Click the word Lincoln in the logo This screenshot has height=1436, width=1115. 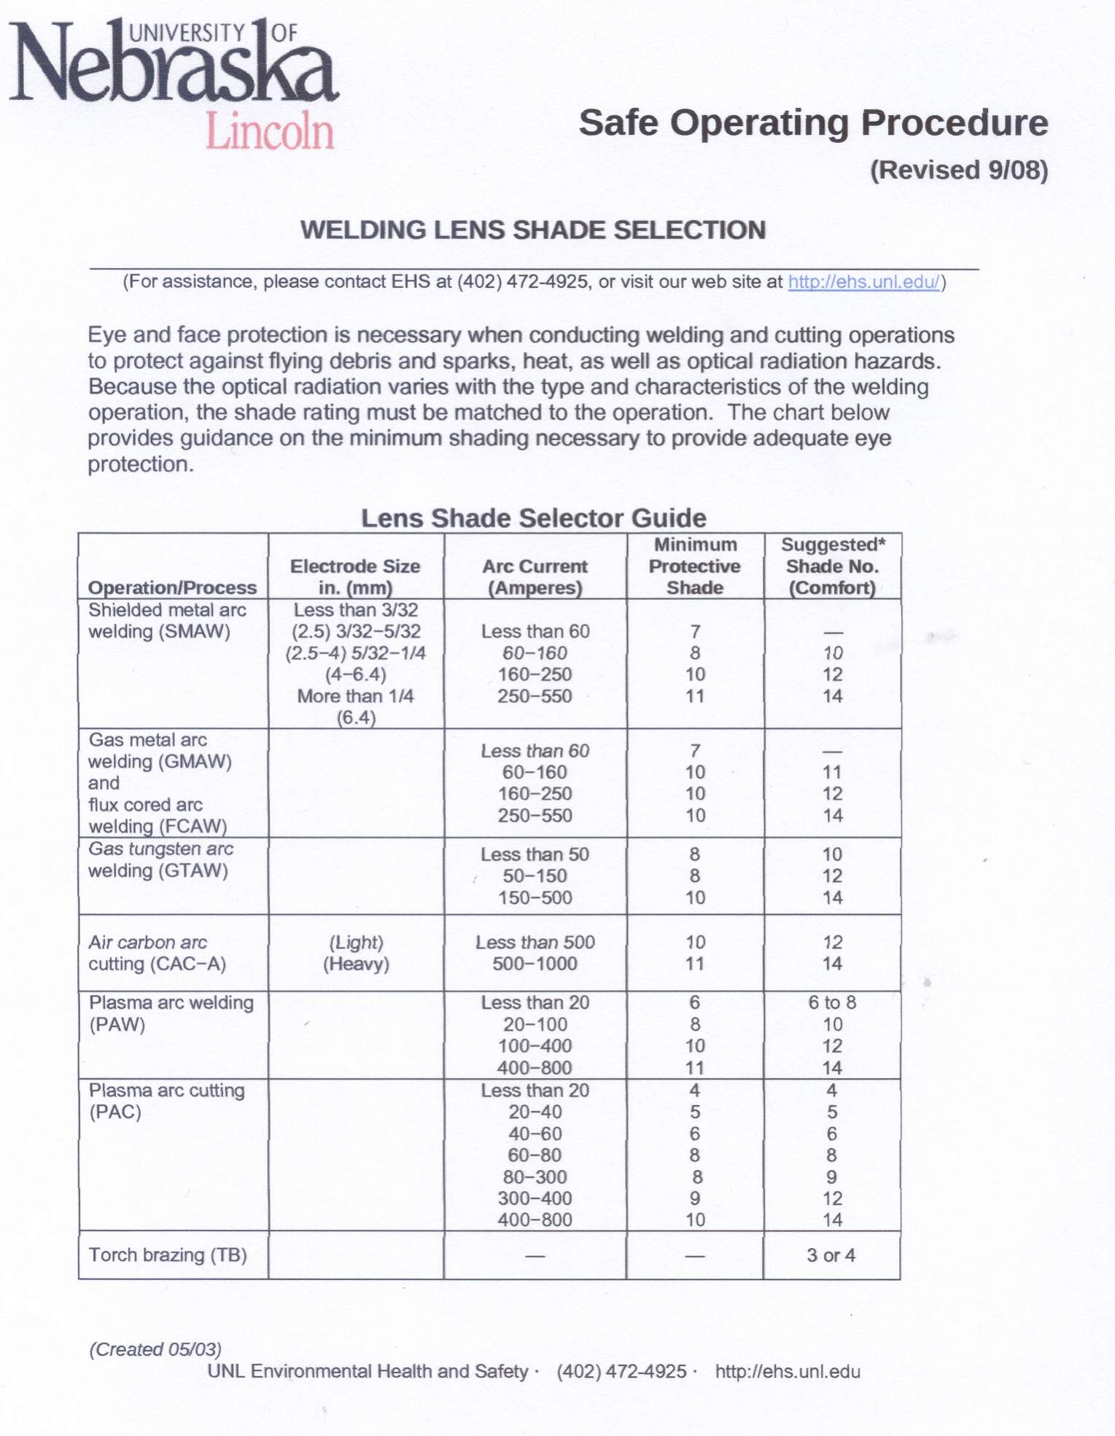[270, 131]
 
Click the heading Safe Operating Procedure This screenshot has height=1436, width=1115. [813, 122]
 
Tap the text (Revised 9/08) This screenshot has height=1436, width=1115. [958, 170]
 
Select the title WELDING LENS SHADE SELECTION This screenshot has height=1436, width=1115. [533, 230]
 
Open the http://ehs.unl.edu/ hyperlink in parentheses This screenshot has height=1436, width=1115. [863, 282]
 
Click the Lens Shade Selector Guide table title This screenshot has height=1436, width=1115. [533, 518]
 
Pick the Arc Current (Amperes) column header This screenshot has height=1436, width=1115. [535, 577]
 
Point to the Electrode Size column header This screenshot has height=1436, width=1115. [355, 577]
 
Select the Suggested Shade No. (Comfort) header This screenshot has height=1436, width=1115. [832, 566]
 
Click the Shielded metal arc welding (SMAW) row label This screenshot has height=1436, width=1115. [167, 620]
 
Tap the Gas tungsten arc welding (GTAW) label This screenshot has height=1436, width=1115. [160, 859]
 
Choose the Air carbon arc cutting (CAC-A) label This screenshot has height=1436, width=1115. [156, 953]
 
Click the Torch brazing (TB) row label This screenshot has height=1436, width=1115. [168, 1254]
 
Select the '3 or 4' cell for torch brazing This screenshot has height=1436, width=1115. [831, 1255]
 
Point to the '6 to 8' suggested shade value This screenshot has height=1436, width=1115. [832, 1003]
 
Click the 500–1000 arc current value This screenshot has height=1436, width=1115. [535, 964]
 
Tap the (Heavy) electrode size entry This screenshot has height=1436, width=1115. [356, 964]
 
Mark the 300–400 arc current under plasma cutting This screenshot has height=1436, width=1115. [535, 1198]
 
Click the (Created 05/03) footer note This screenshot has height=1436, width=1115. [155, 1349]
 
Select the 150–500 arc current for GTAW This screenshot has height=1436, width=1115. [535, 897]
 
